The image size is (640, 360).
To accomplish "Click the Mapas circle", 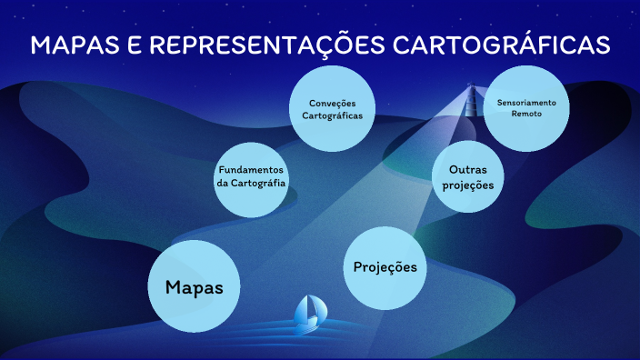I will click(194, 286).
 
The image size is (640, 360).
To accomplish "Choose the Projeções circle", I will click(385, 268).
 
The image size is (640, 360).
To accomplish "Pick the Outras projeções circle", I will click(469, 171).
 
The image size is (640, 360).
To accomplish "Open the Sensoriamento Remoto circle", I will click(525, 109).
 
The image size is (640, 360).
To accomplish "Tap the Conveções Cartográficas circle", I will click(332, 109).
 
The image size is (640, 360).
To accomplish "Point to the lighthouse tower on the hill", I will click(472, 97).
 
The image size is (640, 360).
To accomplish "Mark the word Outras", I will click(470, 169).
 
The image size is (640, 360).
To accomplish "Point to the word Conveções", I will click(332, 103).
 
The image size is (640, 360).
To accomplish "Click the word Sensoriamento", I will click(525, 103).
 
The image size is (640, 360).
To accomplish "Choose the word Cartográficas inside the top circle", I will click(332, 116).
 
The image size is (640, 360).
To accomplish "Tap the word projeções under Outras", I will click(470, 185).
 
